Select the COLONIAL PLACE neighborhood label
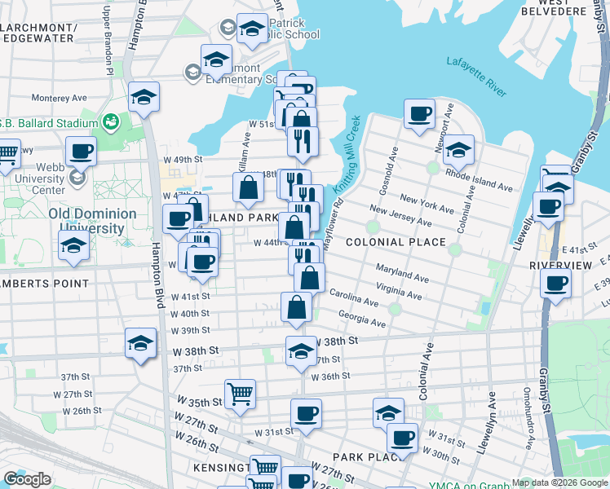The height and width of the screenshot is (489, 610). point(396,242)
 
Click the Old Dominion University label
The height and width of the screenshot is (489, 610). point(92,220)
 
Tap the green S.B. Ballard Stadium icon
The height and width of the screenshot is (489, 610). point(110,124)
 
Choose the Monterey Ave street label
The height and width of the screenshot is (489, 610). point(59,98)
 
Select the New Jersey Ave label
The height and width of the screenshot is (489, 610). point(400,216)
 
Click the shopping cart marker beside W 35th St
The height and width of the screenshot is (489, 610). point(240,394)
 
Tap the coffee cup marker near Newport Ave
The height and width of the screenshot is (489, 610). point(419,114)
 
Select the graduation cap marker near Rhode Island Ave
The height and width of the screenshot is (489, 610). point(459,149)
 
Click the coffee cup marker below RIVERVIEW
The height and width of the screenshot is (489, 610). point(555,284)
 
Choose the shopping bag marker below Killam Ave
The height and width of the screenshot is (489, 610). point(248,187)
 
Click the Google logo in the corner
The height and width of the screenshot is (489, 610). point(27,478)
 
